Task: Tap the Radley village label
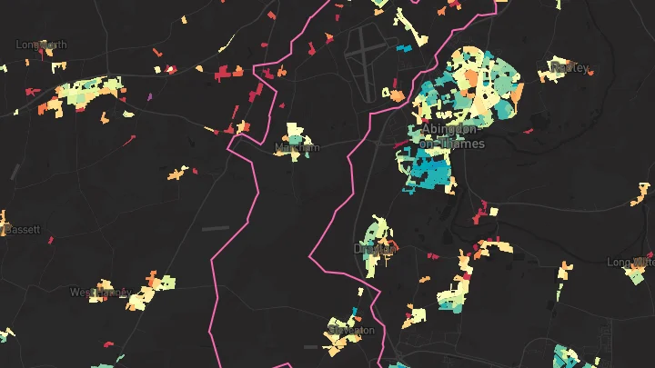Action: pyautogui.click(x=570, y=68)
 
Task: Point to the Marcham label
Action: pyautogui.click(x=297, y=147)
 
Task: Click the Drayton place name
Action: pyautogui.click(x=374, y=248)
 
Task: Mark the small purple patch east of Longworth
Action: pyautogui.click(x=148, y=94)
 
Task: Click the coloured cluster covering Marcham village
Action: pyautogui.click(x=293, y=141)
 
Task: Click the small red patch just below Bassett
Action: pyautogui.click(x=52, y=241)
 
